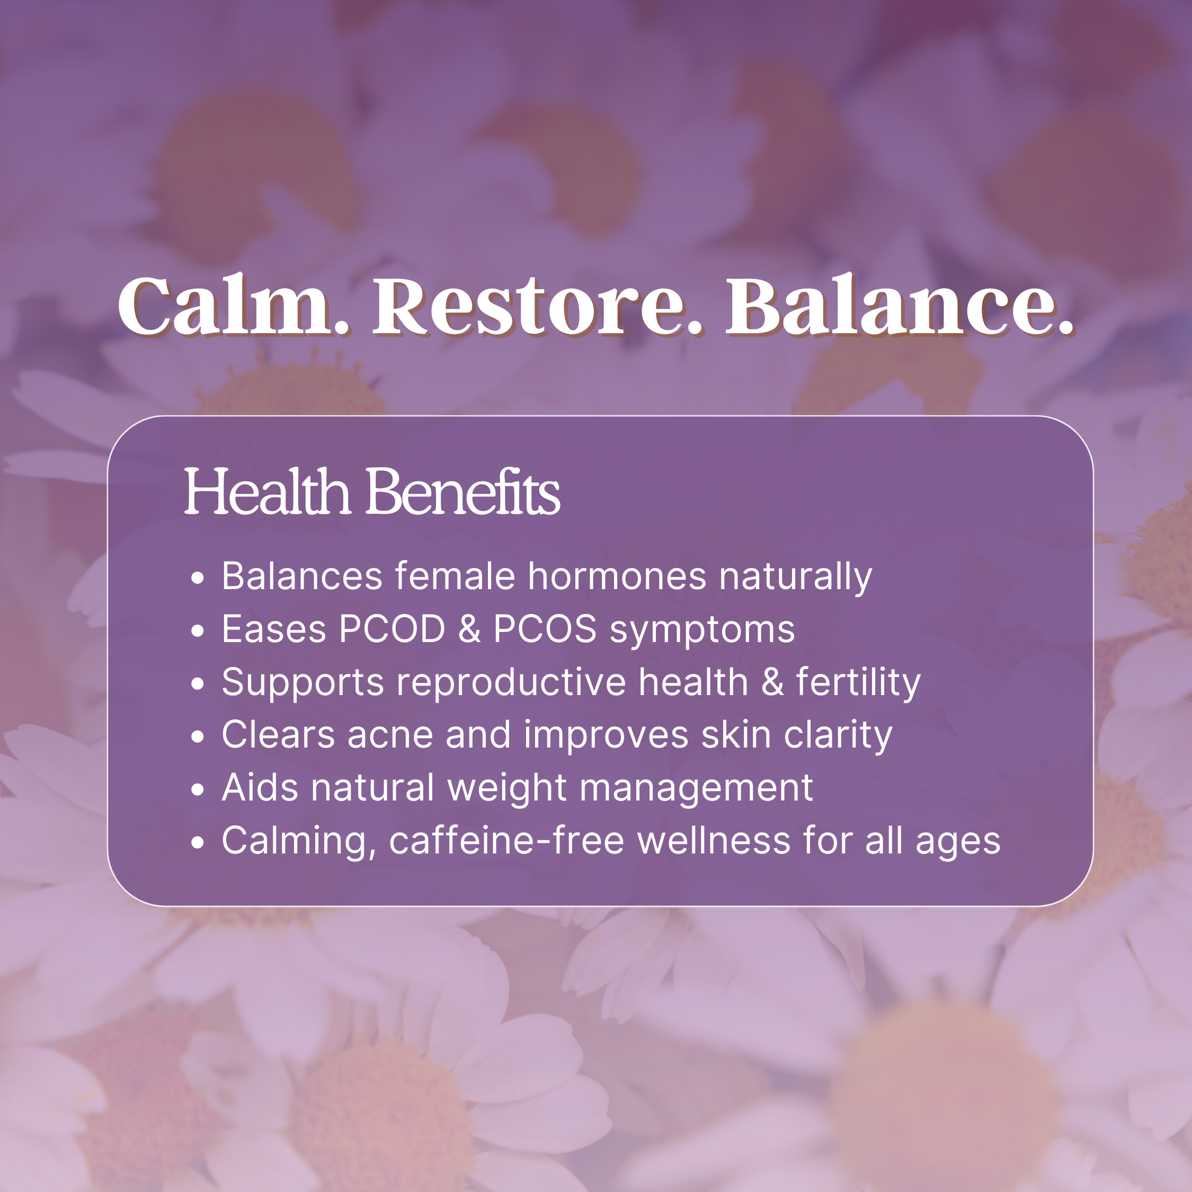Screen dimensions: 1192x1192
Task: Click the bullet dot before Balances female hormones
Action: [198, 578]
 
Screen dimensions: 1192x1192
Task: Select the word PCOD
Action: [393, 629]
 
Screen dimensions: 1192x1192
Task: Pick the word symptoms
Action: [702, 631]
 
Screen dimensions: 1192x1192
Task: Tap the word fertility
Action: [858, 683]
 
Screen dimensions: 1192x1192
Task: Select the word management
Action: [696, 790]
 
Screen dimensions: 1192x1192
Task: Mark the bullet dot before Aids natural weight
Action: [198, 790]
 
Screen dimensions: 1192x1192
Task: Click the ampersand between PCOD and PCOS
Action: [469, 629]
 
